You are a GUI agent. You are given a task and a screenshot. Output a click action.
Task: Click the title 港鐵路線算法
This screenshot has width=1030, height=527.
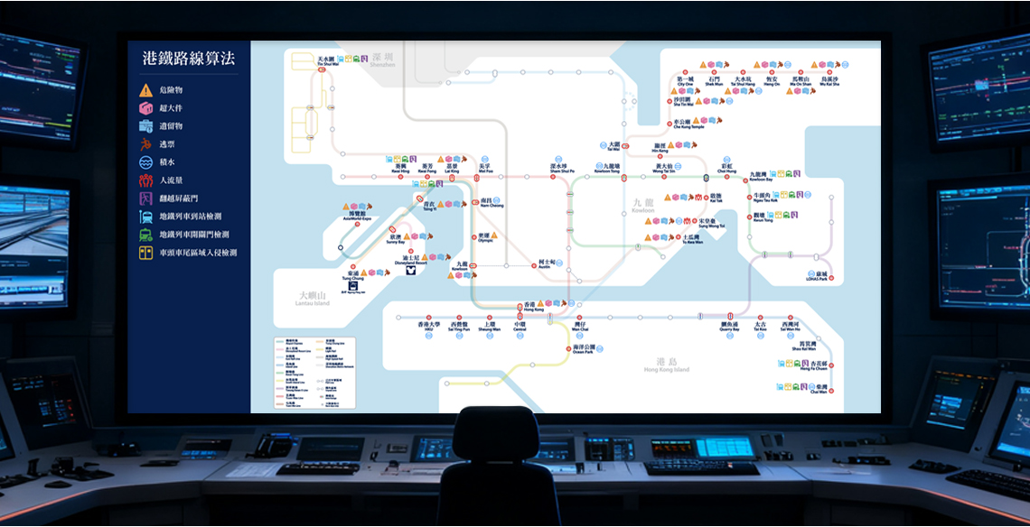(188, 59)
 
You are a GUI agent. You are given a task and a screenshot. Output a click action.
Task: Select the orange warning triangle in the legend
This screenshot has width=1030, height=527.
(145, 90)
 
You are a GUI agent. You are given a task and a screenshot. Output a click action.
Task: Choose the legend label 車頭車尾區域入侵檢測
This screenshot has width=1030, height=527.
(198, 253)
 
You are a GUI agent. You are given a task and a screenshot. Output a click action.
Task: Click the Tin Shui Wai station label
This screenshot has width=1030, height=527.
(327, 61)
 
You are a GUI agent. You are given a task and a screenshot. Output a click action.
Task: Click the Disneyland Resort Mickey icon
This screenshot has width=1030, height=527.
(409, 269)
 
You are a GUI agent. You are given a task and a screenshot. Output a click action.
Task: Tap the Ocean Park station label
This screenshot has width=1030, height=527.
(585, 348)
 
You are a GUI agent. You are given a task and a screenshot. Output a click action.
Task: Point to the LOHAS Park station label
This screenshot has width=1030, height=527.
(820, 276)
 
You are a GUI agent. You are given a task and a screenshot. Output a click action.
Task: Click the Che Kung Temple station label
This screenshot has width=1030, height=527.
(681, 125)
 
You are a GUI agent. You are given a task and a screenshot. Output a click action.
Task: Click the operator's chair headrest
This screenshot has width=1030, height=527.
(495, 432)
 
